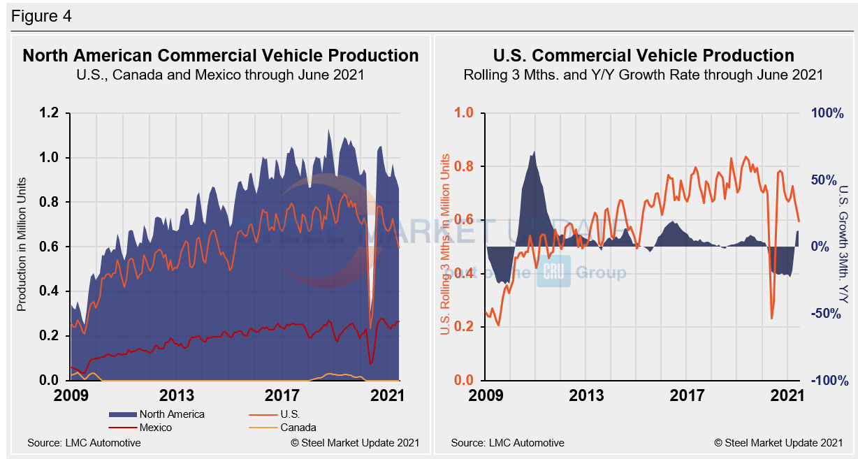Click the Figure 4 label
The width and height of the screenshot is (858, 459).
[41, 15]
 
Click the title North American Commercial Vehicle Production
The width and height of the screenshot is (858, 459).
[221, 56]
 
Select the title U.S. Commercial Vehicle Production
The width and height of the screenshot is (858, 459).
[643, 56]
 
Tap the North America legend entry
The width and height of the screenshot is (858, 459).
[171, 414]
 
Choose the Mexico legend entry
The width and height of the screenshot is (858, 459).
[155, 427]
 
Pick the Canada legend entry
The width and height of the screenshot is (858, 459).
[298, 427]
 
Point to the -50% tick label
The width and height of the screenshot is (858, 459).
[829, 314]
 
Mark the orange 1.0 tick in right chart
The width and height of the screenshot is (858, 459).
[465, 113]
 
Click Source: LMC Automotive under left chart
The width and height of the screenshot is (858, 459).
[84, 443]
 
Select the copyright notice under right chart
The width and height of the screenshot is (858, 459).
[778, 443]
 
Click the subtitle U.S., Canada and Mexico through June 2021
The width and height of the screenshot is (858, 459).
[221, 75]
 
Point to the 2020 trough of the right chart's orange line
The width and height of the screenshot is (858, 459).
[772, 319]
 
